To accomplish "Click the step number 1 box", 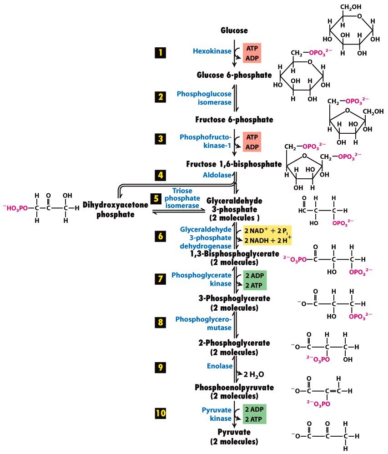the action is (161, 52).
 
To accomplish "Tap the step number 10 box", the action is (161, 413).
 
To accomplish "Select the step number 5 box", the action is (156, 199).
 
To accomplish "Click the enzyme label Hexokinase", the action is (212, 51).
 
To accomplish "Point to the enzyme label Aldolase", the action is (217, 175).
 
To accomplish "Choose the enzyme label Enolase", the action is (220, 366).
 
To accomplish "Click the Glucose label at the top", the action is (234, 30).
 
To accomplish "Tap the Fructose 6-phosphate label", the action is (234, 120).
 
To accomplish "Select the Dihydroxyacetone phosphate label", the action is (115, 210).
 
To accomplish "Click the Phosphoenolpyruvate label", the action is (234, 388).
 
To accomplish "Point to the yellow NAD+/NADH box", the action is (267, 235).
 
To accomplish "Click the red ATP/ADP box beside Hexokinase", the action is (252, 53).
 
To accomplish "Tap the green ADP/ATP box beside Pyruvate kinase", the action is (254, 414).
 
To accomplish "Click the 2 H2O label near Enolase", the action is (254, 375).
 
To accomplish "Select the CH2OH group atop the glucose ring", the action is (351, 7).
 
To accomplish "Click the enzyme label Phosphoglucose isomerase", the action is (204, 98).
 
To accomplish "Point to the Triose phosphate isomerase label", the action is (182, 198).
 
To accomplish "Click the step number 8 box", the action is (161, 322).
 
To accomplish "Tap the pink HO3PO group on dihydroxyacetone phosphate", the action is (15, 208).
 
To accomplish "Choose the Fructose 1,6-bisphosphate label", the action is (234, 164).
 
